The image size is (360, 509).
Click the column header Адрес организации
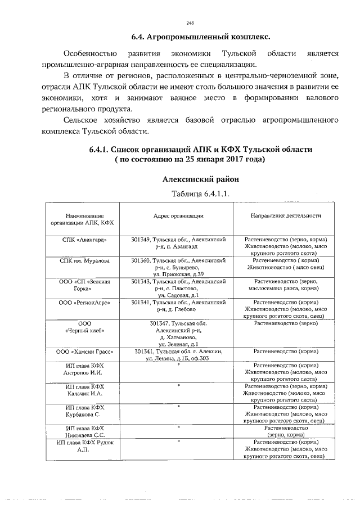tap(178, 215)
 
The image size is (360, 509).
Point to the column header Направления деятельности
tap(286, 215)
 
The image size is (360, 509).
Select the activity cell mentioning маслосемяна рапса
tap(286, 285)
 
